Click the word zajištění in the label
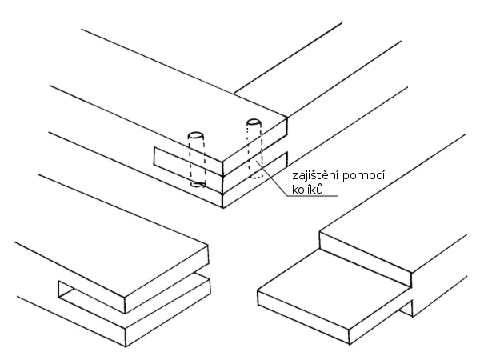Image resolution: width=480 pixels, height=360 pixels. (x=315, y=176)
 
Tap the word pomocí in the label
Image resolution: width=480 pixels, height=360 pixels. (x=363, y=177)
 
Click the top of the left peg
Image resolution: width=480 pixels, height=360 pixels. (x=196, y=135)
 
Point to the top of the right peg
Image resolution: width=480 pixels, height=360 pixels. (x=254, y=122)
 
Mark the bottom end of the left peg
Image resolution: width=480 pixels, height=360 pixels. (x=198, y=184)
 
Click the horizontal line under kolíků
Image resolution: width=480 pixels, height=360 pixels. (x=312, y=196)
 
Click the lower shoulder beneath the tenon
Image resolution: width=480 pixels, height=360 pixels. (x=406, y=309)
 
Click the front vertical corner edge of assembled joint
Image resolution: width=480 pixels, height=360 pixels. (x=222, y=185)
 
